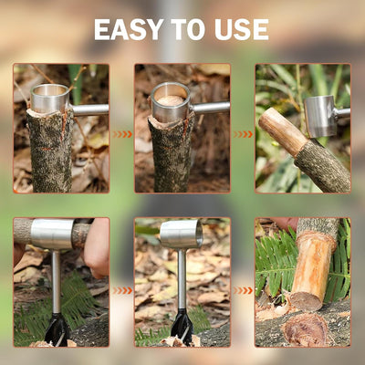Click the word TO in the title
click(x=188, y=29)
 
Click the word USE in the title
click(x=242, y=29)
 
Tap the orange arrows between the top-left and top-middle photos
click(x=122, y=134)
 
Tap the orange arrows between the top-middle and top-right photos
click(x=243, y=134)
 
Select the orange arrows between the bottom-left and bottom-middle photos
click(x=122, y=291)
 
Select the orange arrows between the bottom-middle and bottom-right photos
click(x=243, y=291)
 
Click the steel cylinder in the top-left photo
click(x=50, y=98)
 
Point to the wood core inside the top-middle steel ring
click(x=170, y=101)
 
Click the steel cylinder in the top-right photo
click(x=319, y=116)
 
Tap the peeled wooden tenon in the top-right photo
click(x=281, y=131)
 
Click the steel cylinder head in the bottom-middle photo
click(x=182, y=235)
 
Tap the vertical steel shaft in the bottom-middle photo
click(x=182, y=279)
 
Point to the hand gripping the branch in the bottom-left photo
click(x=97, y=248)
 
